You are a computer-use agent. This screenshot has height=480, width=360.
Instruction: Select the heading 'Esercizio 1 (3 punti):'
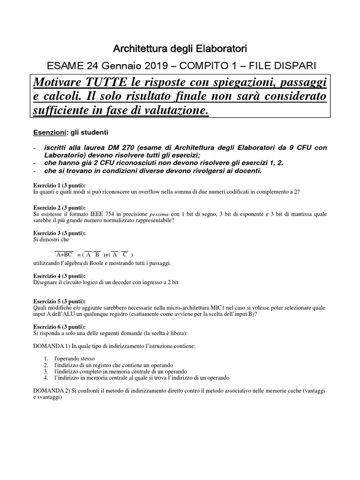(x=60, y=186)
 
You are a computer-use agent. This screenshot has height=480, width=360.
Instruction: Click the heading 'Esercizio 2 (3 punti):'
(x=60, y=207)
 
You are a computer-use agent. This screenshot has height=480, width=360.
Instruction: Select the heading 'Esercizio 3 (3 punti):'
(x=60, y=233)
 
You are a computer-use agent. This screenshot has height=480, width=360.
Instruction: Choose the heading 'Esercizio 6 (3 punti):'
(x=60, y=326)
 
